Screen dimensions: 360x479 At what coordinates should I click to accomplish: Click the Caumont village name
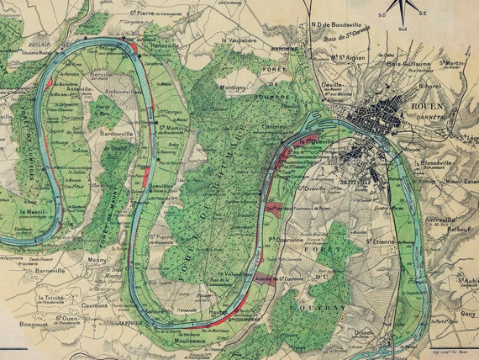pos(96,305)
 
